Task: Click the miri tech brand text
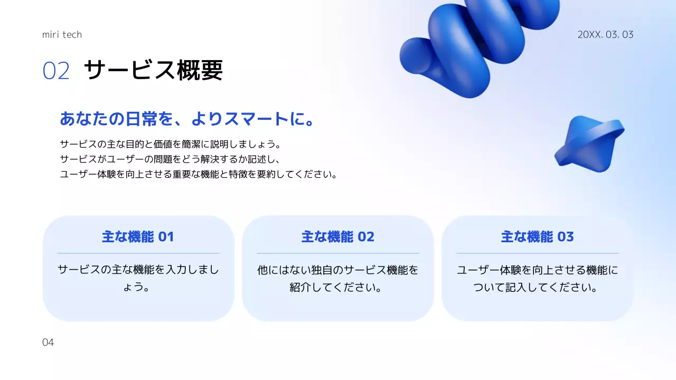62,35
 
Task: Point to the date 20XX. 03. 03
605,35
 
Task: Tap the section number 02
56,71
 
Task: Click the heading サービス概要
153,70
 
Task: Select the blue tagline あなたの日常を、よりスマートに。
187,119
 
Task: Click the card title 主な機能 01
138,237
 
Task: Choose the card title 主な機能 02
337,237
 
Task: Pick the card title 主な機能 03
537,237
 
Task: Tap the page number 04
48,343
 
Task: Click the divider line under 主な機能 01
138,253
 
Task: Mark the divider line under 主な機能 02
337,253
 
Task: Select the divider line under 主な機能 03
537,253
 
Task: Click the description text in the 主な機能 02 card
337,279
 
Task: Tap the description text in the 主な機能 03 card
537,279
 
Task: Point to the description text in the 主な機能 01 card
138,279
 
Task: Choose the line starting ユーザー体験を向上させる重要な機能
199,174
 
